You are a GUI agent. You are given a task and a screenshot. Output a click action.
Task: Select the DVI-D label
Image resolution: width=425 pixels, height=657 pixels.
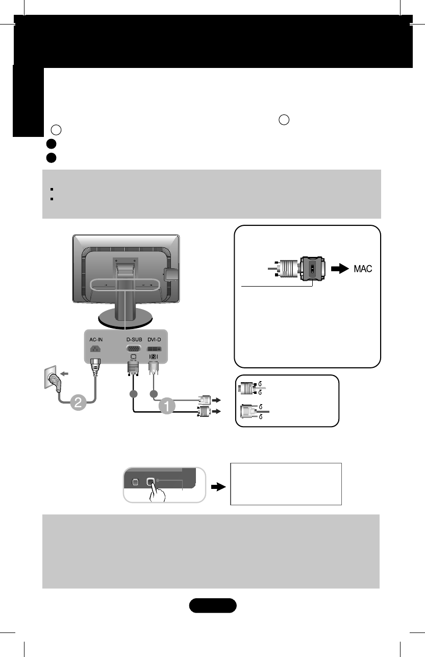pyautogui.click(x=156, y=338)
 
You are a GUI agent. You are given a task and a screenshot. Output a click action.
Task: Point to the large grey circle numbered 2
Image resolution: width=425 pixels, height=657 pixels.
pyautogui.click(x=78, y=402)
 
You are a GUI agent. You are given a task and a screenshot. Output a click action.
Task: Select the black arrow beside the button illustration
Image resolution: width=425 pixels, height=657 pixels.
pyautogui.click(x=218, y=487)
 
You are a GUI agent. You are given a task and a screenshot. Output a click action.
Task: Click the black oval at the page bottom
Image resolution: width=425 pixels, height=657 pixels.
pyautogui.click(x=213, y=605)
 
